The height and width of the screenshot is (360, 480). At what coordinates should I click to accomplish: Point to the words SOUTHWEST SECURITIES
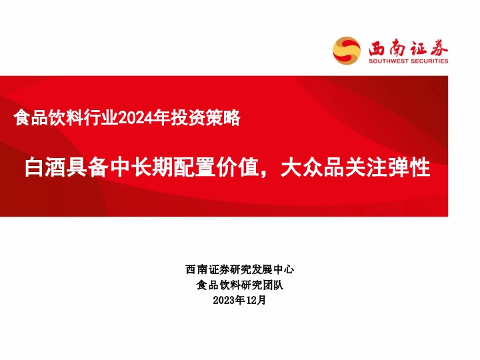408,61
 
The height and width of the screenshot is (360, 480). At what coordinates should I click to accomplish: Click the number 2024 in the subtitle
135,118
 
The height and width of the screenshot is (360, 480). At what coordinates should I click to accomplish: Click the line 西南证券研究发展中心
240,270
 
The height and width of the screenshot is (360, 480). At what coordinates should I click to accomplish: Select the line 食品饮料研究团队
240,285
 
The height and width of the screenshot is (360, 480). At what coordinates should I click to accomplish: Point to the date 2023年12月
240,301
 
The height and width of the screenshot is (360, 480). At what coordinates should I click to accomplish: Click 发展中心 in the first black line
272,270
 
